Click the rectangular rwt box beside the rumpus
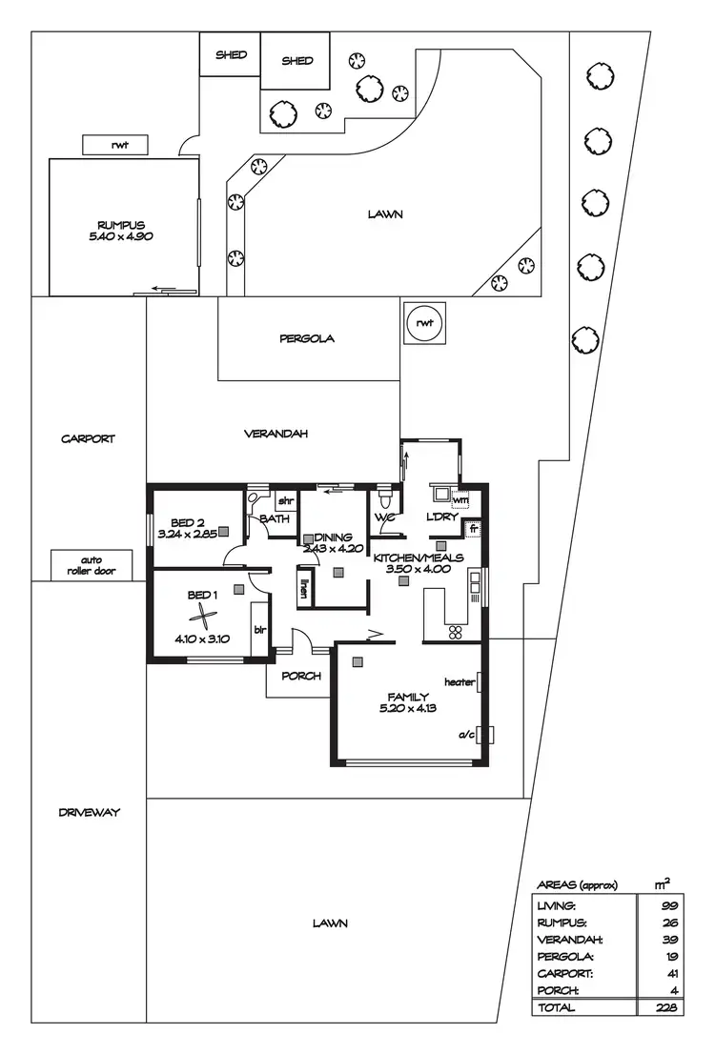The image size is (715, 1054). click(119, 145)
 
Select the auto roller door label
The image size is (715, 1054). click(92, 565)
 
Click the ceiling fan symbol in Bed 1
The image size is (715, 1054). click(202, 614)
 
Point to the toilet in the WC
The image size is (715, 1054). click(385, 499)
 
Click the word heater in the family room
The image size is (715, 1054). click(460, 682)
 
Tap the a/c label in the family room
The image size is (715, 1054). click(467, 735)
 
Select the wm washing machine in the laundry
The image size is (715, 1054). click(460, 499)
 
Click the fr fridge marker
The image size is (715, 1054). click(472, 527)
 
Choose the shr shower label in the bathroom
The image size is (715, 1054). click(285, 501)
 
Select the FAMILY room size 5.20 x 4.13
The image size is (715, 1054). click(407, 708)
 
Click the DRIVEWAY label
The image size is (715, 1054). click(88, 813)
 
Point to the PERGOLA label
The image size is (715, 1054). click(307, 338)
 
